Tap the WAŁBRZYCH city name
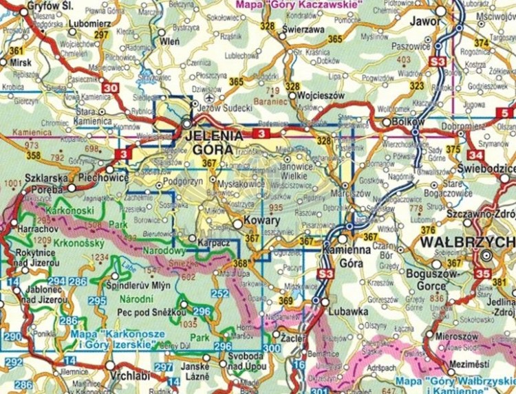(466, 243)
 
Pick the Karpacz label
(214, 241)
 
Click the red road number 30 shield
(110, 87)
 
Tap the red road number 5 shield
(506, 113)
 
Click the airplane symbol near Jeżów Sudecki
(219, 98)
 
